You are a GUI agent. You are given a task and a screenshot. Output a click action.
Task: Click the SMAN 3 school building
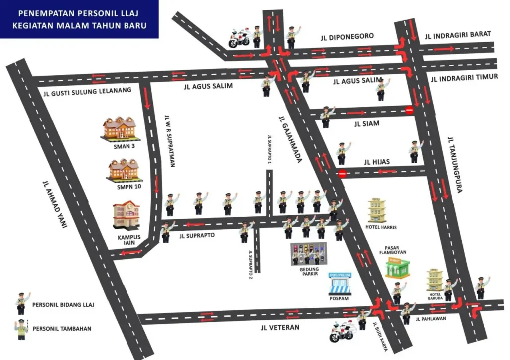pyautogui.click(x=119, y=128)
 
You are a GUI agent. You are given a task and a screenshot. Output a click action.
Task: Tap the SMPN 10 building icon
pyautogui.click(x=124, y=170)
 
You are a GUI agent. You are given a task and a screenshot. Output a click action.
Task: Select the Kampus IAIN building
pyautogui.click(x=127, y=215)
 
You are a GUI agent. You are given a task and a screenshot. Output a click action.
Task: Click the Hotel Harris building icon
pyautogui.click(x=377, y=210)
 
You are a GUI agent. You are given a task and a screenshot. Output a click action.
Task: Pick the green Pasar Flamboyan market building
pyautogui.click(x=398, y=267)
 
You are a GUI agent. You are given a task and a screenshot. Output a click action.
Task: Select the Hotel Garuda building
pyautogui.click(x=434, y=280)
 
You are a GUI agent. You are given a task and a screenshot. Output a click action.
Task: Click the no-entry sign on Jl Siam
pyautogui.click(x=409, y=110)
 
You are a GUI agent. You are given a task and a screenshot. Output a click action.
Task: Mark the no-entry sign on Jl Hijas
pyautogui.click(x=342, y=174)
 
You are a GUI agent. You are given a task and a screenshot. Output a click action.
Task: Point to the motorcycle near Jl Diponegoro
pyautogui.click(x=239, y=38)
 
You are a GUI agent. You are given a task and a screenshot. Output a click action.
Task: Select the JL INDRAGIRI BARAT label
pyautogui.click(x=458, y=34)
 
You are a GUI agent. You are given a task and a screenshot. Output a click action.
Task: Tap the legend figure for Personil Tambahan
pyautogui.click(x=21, y=328)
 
